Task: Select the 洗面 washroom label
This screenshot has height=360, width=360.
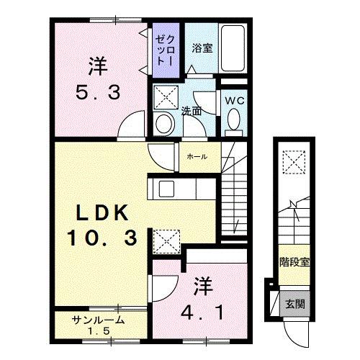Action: pyautogui.click(x=191, y=111)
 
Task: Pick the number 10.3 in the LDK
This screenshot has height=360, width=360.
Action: pyautogui.click(x=103, y=237)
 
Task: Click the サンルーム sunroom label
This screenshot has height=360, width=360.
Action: pyautogui.click(x=99, y=320)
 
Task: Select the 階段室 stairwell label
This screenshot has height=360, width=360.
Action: pyautogui.click(x=294, y=261)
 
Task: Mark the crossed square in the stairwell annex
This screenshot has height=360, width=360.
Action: pyautogui.click(x=294, y=160)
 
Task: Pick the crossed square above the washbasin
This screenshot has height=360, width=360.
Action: pyautogui.click(x=166, y=96)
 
